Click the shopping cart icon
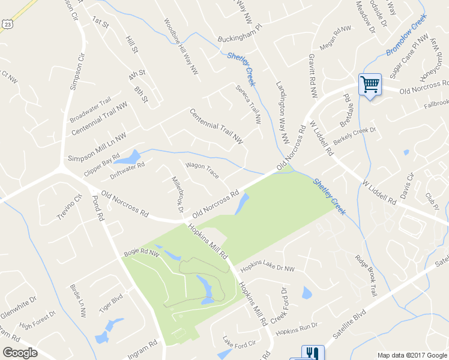(x=369, y=83)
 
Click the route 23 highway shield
(x=7, y=23)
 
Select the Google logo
(x=20, y=353)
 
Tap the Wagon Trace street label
(x=202, y=170)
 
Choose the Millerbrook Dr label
(x=177, y=194)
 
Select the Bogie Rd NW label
(x=140, y=254)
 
